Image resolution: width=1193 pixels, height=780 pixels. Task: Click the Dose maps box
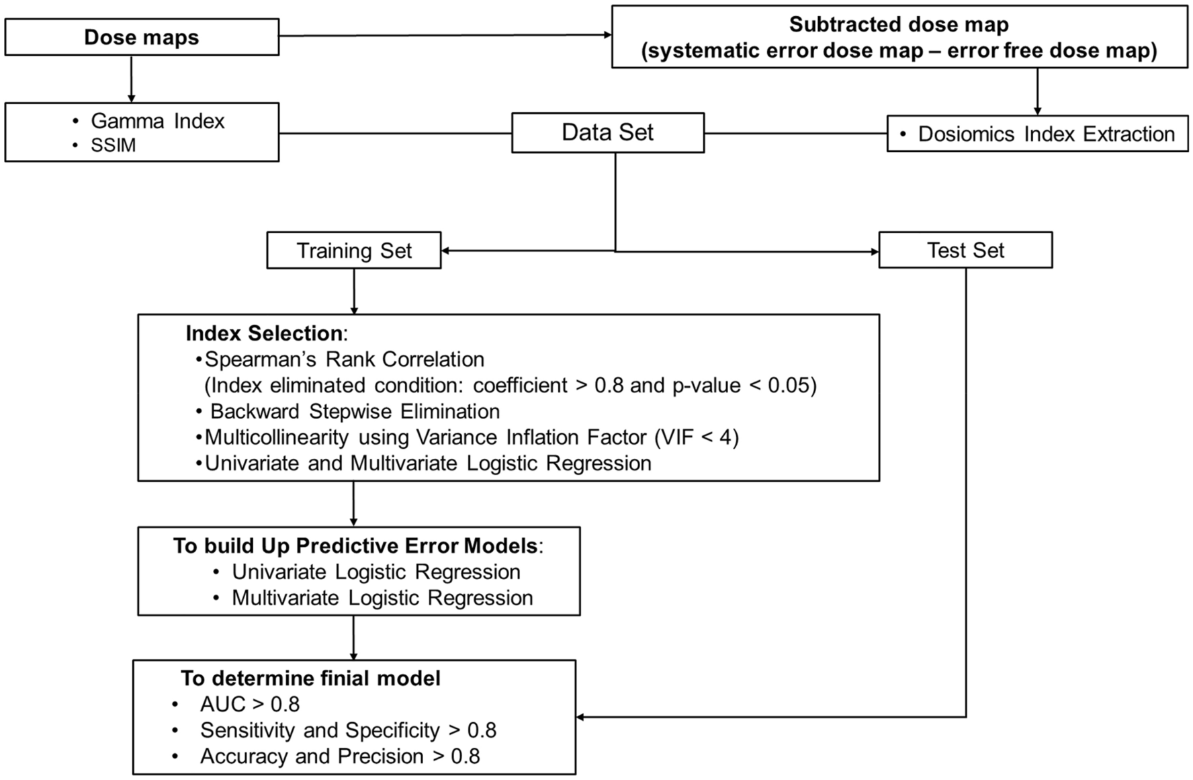coord(141,37)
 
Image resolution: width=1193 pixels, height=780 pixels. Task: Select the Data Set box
coord(607,132)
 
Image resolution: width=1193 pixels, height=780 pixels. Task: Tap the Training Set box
coord(354,251)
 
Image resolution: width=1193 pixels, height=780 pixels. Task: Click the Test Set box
coord(965,250)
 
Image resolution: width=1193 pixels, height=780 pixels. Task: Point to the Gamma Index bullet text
coord(157,121)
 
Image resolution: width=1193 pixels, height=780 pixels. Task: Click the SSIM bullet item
coord(113,145)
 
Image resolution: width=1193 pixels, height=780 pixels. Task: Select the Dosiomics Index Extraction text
coord(1046,134)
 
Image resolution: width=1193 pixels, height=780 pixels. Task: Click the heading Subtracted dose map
coord(899,25)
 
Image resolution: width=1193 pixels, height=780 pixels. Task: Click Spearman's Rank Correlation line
coord(344,359)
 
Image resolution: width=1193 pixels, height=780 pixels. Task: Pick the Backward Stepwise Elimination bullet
coord(355,411)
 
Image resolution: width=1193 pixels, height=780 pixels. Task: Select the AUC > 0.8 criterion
coord(249,704)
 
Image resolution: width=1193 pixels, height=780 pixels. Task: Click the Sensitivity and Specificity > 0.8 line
coord(348,730)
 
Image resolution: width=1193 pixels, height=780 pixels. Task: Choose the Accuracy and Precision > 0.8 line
coord(340,756)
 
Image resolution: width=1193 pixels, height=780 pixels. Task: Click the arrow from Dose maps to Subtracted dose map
coord(443,36)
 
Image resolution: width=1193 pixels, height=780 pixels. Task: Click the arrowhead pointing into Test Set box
coord(874,252)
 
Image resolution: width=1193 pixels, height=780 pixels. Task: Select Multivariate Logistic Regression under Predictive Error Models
coord(382,598)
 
